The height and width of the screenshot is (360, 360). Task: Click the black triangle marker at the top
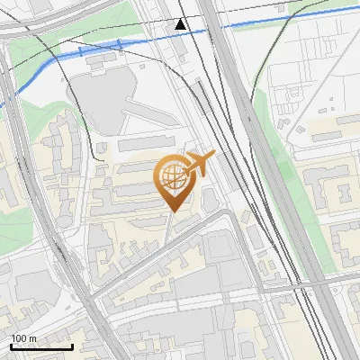point(182,24)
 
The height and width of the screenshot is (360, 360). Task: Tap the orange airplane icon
point(198,165)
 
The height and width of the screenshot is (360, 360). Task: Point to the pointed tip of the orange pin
point(173,211)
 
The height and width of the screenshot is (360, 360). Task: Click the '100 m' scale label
point(24,337)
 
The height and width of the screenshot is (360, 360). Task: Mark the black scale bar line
point(40,346)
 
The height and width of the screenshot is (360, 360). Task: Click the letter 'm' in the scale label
point(33,337)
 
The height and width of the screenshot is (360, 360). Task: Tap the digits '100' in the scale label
point(19,337)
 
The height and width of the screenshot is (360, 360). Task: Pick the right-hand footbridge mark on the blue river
point(116,43)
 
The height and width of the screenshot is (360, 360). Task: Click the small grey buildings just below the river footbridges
point(101,59)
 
